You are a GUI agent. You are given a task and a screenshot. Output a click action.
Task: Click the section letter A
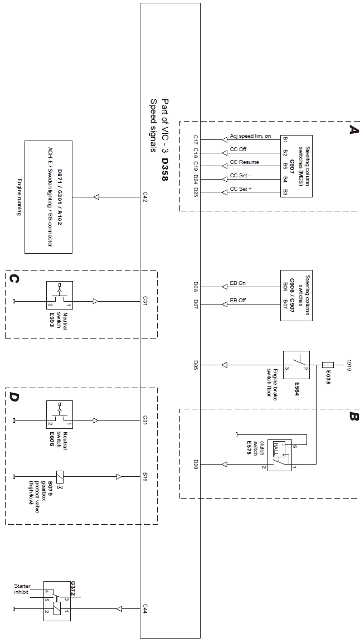352,129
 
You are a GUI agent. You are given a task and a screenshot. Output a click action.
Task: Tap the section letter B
352,416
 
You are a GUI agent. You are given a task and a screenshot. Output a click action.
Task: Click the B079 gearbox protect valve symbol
60,477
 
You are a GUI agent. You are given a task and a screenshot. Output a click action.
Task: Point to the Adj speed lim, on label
250,136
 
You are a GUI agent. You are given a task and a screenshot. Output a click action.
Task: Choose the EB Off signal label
238,301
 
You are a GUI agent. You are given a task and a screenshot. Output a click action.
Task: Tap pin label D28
196,464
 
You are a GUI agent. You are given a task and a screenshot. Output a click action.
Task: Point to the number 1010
350,365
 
